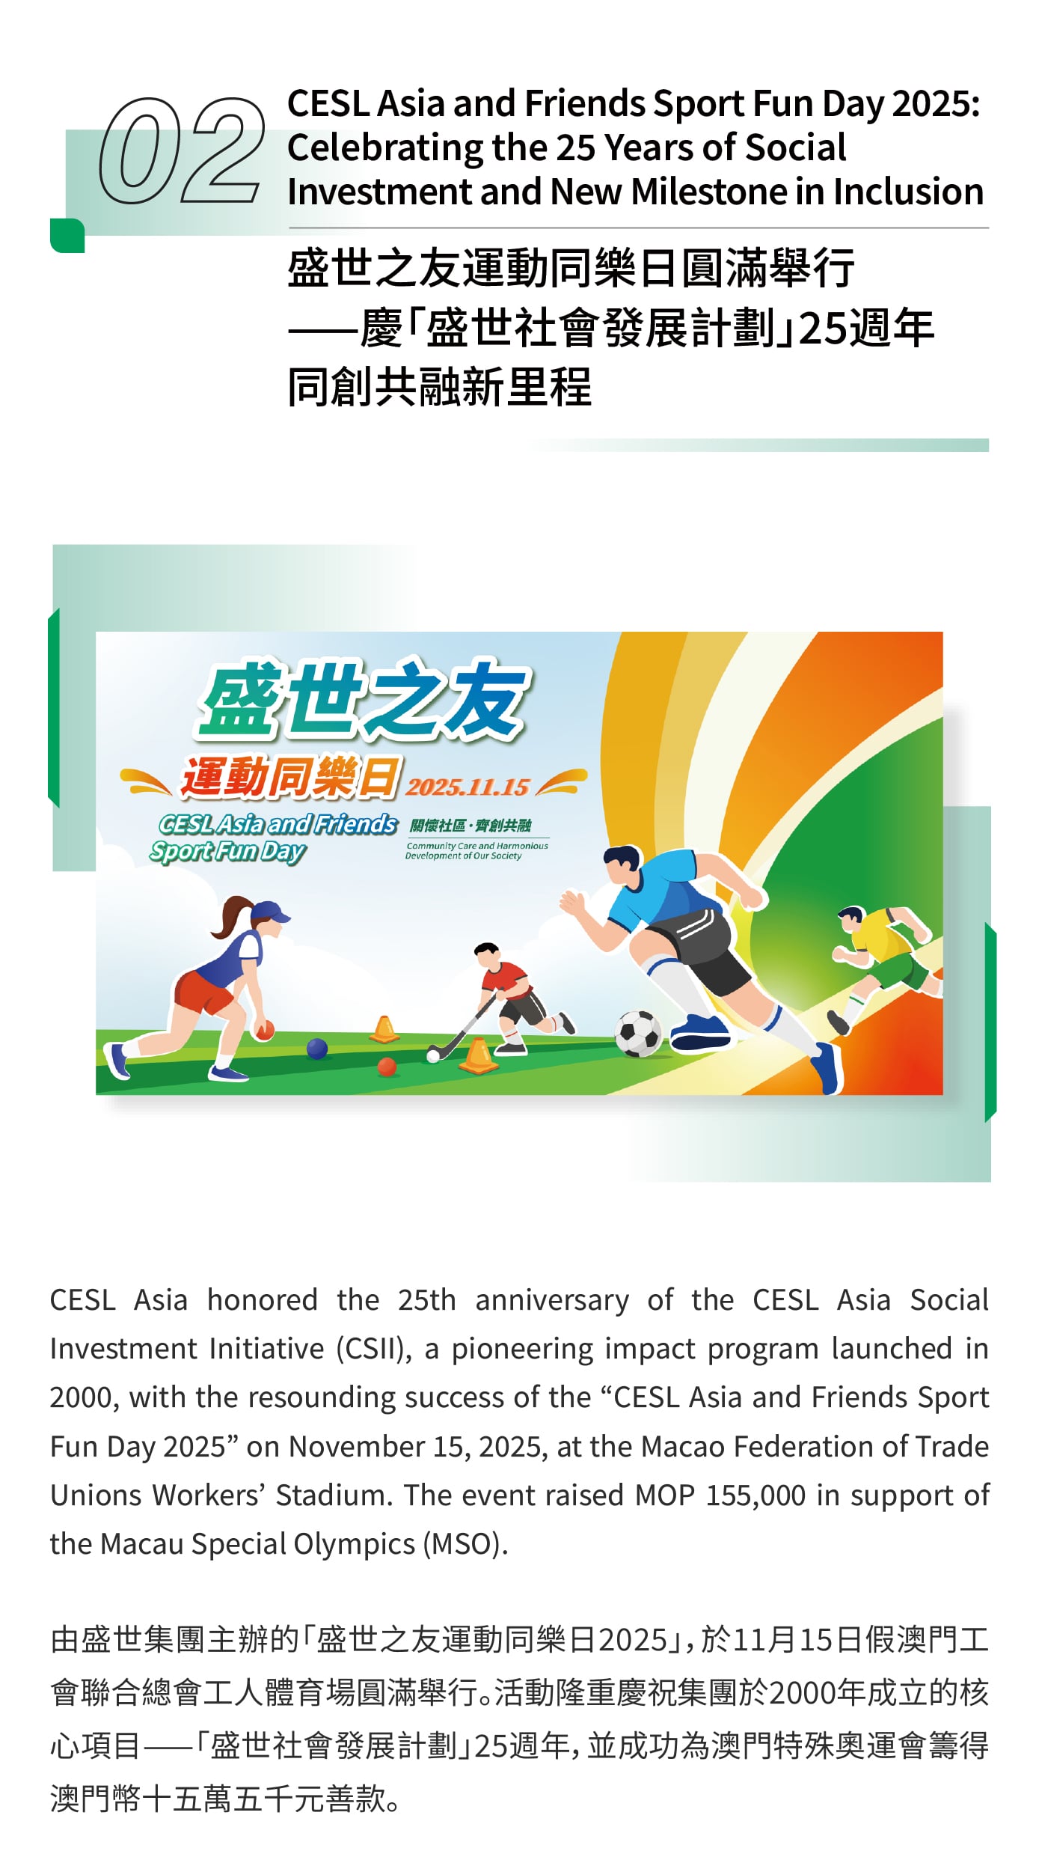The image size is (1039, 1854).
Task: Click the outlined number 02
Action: (183, 150)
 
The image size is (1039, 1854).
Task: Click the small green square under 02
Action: (67, 235)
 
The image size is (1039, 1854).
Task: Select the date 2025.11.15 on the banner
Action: (468, 787)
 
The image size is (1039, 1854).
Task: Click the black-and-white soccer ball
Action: (638, 1033)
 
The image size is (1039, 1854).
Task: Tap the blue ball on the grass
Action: (317, 1048)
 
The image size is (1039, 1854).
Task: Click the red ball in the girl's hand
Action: (264, 1031)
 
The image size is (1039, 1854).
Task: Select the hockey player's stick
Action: (462, 1025)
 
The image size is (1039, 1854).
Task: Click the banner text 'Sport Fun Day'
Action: (228, 851)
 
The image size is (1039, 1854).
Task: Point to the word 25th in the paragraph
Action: (426, 1300)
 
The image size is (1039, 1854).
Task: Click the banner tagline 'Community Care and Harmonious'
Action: (477, 846)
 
